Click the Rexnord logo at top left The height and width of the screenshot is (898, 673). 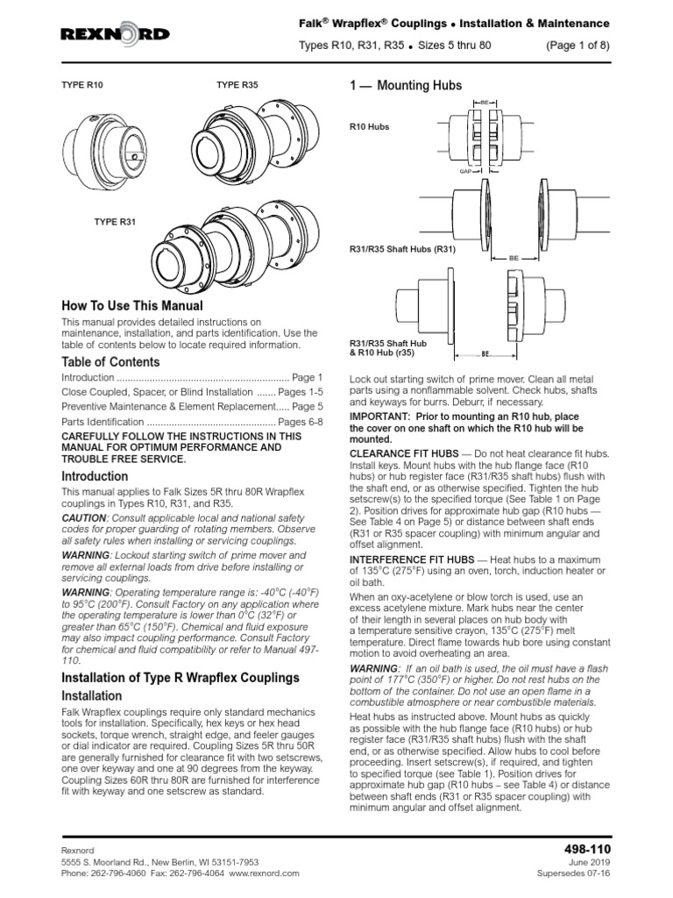coord(115,33)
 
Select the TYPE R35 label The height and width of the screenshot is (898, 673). coord(237,86)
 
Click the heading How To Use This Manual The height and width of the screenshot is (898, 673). coord(131,306)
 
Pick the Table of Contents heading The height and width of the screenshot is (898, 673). coord(110,362)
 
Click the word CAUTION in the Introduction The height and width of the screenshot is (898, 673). coord(82,519)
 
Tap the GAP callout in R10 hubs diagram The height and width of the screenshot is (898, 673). coord(466,171)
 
